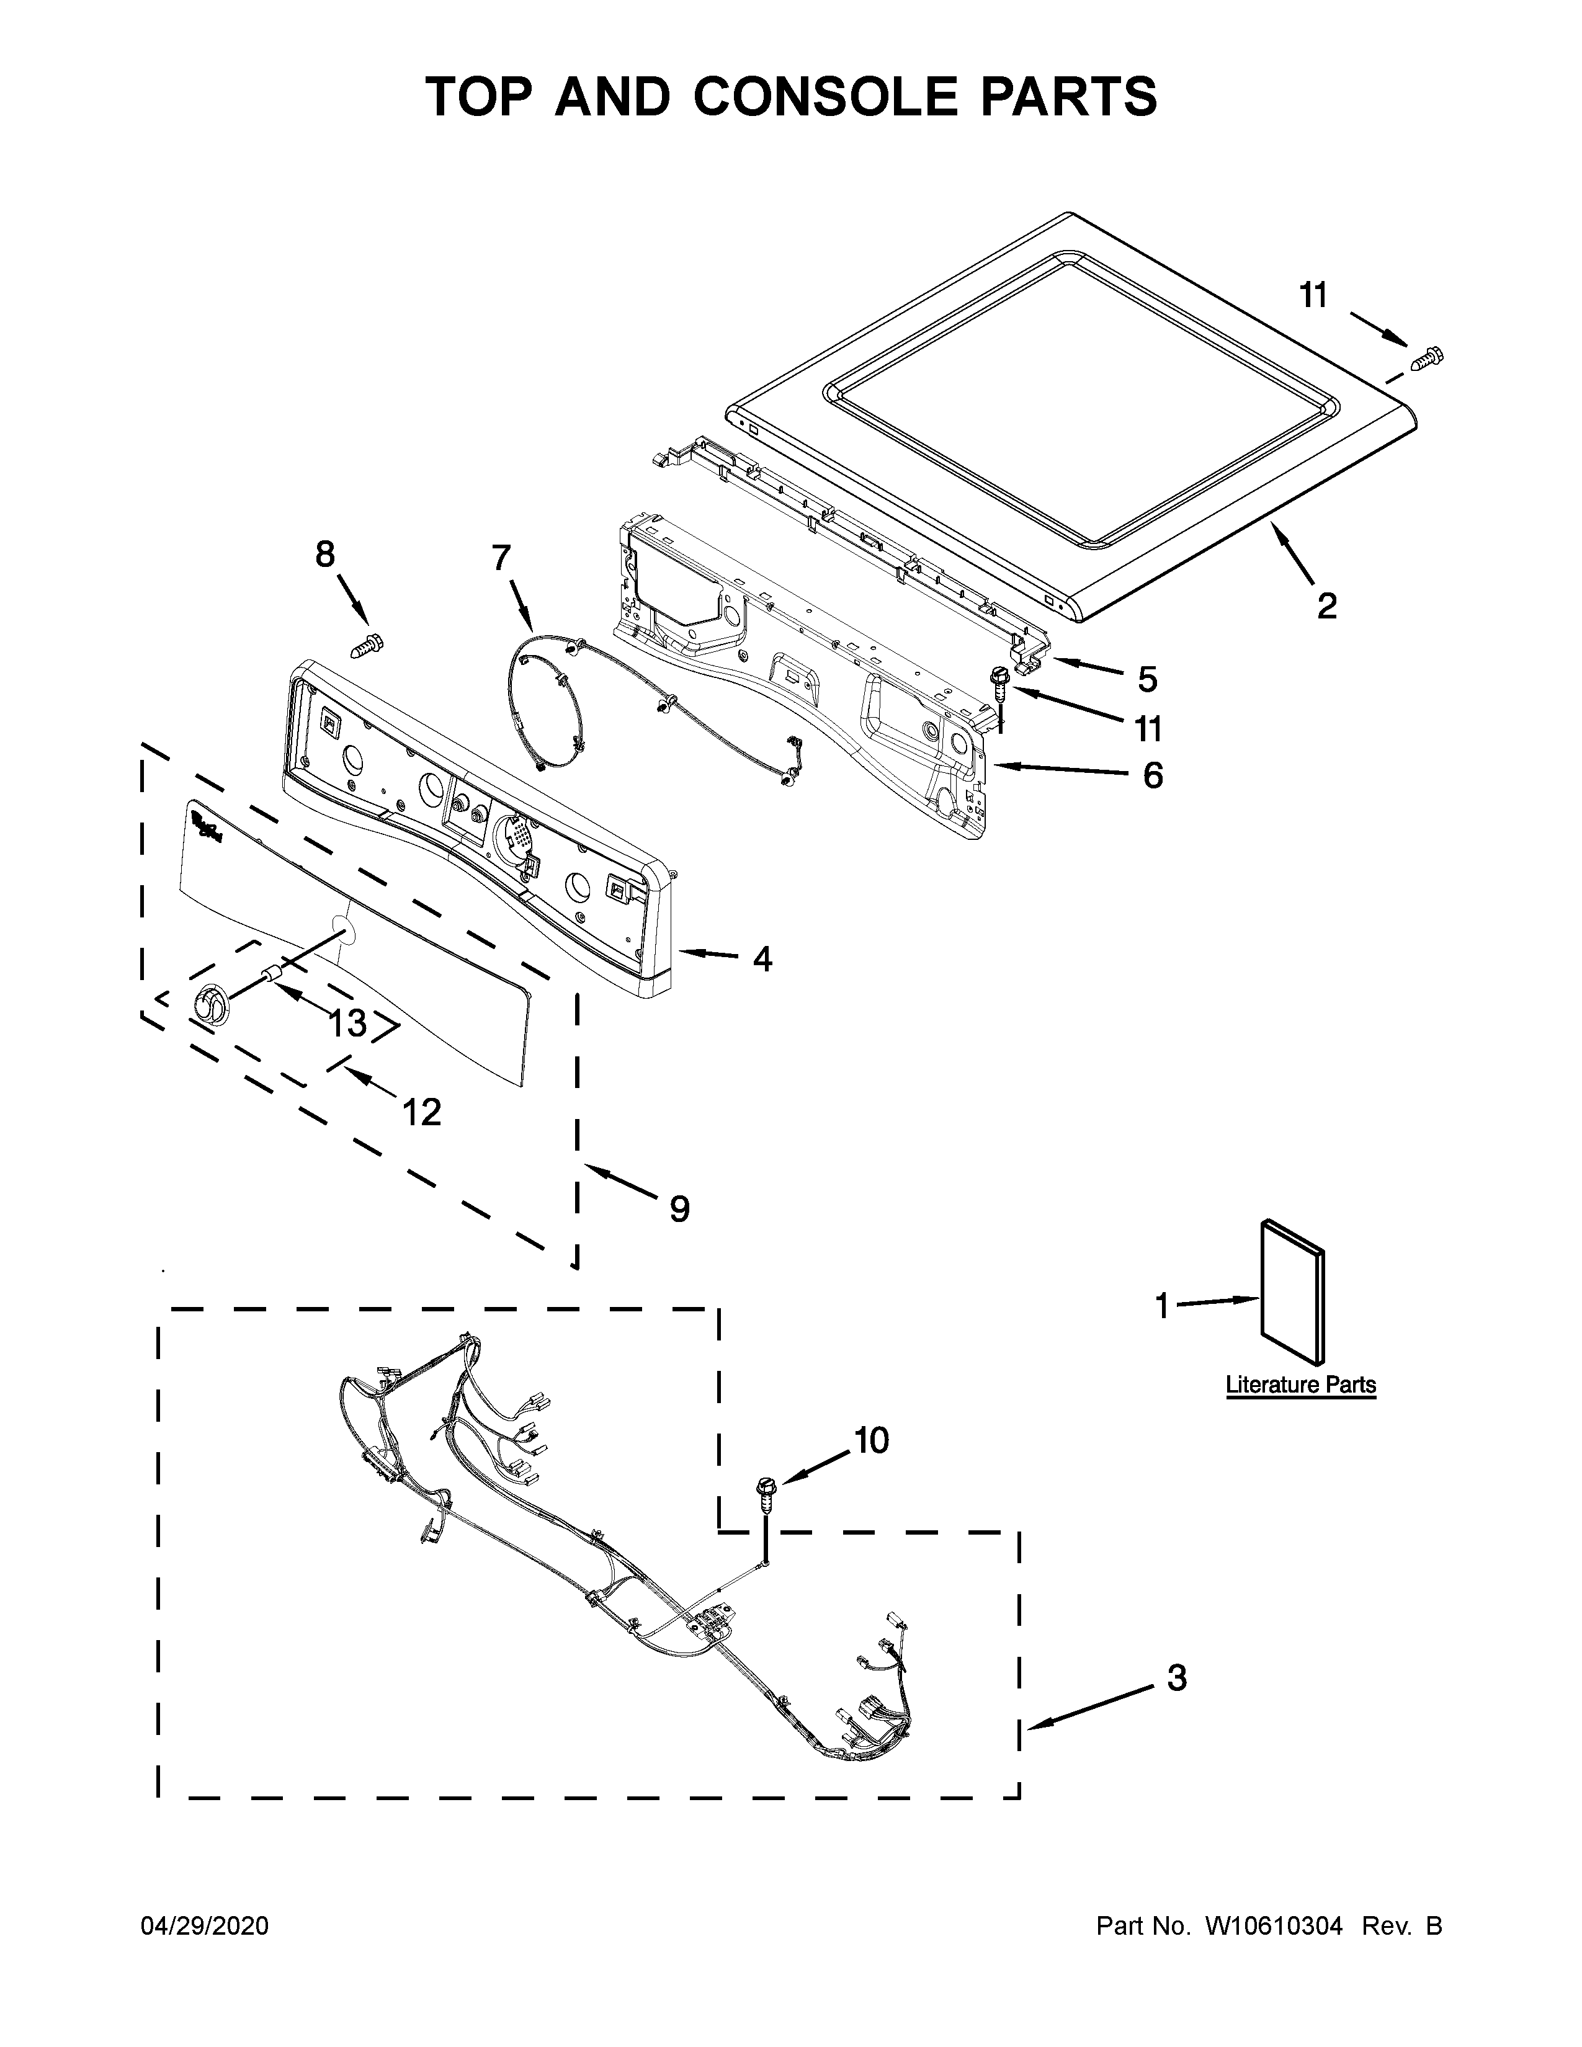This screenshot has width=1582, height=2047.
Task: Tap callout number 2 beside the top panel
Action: pos(1326,607)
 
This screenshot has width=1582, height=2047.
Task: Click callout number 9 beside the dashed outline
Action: pos(679,1209)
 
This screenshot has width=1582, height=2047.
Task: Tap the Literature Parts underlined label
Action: pos(1301,1385)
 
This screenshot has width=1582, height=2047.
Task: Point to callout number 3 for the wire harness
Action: pos(1177,1679)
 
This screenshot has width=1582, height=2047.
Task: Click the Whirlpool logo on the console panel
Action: pos(208,827)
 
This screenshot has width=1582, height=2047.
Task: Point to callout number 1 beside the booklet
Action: pos(1162,1306)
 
